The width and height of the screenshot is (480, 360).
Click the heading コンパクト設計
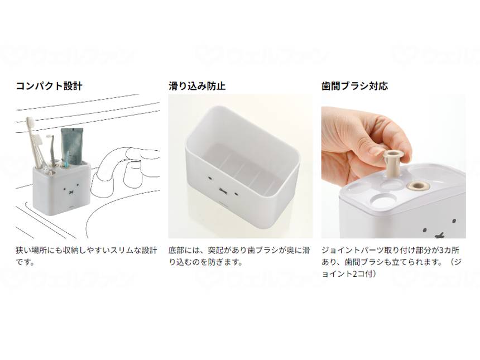49,86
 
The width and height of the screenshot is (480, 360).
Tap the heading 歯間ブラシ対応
354,86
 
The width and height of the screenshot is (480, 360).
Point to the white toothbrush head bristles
31,124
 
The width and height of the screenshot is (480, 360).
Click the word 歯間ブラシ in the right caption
363,262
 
